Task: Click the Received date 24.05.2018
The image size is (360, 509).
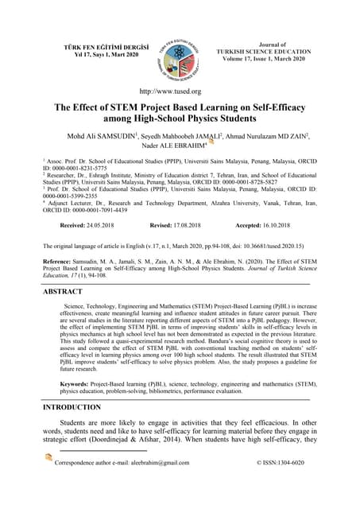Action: [86, 226]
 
